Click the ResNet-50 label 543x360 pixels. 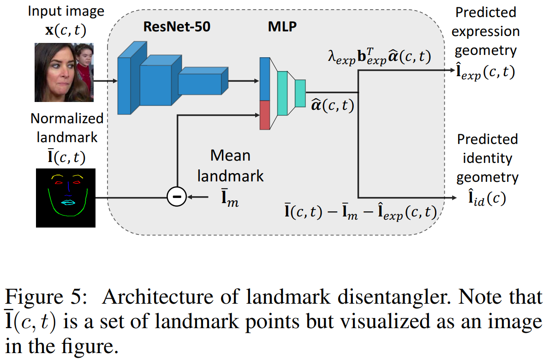click(x=177, y=27)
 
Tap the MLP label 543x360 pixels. click(x=282, y=27)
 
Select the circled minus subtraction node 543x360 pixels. click(x=176, y=198)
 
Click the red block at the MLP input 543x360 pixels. click(x=264, y=115)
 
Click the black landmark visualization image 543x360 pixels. click(x=66, y=198)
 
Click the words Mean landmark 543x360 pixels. click(x=230, y=165)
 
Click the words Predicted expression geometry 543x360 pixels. click(x=485, y=31)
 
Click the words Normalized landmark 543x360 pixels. click(x=67, y=128)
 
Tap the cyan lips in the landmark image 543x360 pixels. click(x=67, y=202)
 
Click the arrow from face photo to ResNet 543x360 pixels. click(x=106, y=81)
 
